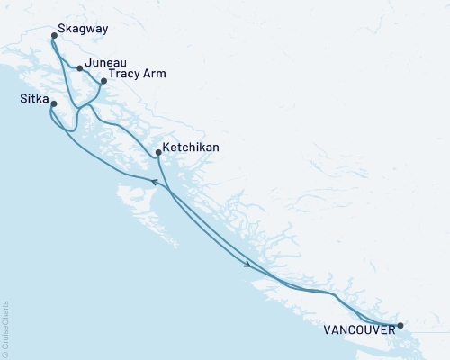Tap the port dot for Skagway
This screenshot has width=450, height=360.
tap(55, 37)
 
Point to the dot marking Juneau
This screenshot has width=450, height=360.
tap(80, 67)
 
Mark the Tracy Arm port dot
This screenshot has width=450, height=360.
tap(103, 81)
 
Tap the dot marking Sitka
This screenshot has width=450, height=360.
tap(54, 104)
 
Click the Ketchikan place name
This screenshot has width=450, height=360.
tap(192, 147)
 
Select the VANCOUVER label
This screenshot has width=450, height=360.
tap(357, 330)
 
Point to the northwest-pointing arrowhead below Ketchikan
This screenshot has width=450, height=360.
tap(153, 182)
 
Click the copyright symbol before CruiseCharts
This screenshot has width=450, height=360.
tap(4, 353)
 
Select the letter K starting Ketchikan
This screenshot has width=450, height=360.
tap(168, 147)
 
